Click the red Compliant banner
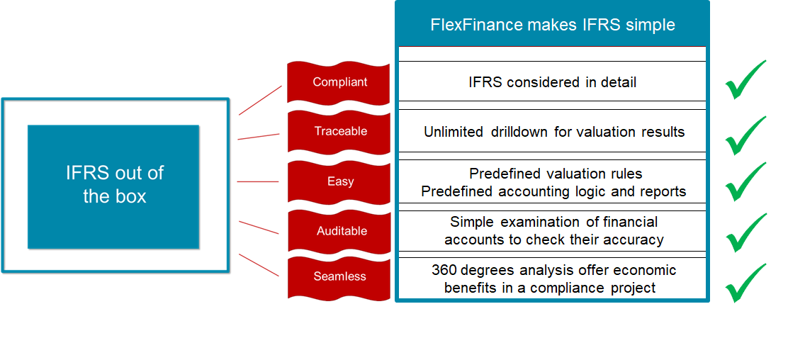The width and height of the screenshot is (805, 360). [x=339, y=82]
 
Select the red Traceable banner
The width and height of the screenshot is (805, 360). [x=339, y=131]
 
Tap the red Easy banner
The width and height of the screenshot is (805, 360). [x=339, y=181]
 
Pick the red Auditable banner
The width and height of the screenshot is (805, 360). [x=339, y=231]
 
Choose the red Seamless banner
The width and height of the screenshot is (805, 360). [x=339, y=276]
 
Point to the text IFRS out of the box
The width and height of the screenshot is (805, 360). [x=114, y=185]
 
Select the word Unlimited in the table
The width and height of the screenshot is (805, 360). [x=454, y=132]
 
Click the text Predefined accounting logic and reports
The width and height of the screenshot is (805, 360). [x=553, y=191]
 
